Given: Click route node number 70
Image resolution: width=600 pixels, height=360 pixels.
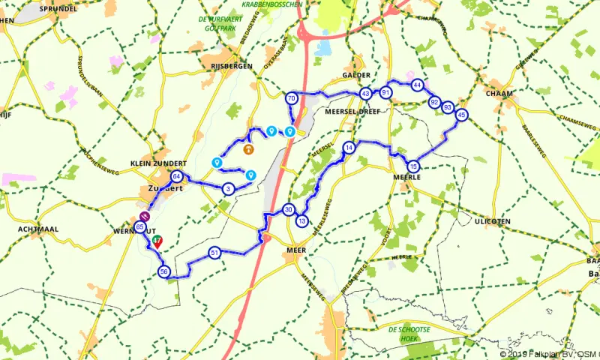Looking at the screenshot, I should pyautogui.click(x=291, y=98).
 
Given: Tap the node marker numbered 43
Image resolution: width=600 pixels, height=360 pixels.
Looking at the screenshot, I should pyautogui.click(x=365, y=94).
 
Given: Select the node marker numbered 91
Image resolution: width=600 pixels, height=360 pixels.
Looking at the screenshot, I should pyautogui.click(x=385, y=92).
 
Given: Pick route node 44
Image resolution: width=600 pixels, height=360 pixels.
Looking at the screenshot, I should pyautogui.click(x=417, y=85).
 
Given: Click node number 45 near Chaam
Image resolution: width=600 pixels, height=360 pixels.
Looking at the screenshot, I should pyautogui.click(x=461, y=115).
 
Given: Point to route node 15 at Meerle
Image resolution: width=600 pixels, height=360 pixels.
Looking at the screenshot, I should pyautogui.click(x=413, y=166).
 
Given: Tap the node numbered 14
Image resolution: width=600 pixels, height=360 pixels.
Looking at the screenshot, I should pyautogui.click(x=349, y=148).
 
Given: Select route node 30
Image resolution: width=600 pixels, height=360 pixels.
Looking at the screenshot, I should pyautogui.click(x=289, y=210).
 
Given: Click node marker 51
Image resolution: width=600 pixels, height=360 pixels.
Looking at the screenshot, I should pyautogui.click(x=214, y=253).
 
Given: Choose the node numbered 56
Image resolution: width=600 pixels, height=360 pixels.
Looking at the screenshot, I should pyautogui.click(x=165, y=272).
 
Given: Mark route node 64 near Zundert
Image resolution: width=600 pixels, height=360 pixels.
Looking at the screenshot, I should pyautogui.click(x=176, y=177).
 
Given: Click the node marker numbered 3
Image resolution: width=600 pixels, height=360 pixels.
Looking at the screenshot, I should pyautogui.click(x=228, y=188).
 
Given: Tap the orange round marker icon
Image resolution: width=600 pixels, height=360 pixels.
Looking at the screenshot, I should pyautogui.click(x=248, y=148).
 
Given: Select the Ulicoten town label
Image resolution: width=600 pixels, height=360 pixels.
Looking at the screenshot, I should pyautogui.click(x=493, y=221).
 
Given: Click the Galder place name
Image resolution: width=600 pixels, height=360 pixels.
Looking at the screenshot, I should pyautogui.click(x=355, y=76).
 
